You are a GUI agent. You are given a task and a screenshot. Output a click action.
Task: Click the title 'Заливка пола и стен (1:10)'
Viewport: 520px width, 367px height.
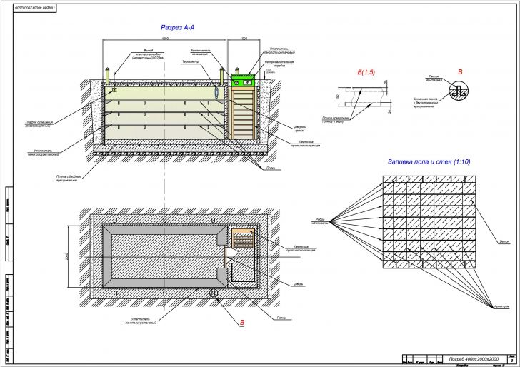pos(429,161)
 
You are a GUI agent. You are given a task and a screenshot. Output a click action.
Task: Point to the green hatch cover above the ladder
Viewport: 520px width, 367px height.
pos(243,74)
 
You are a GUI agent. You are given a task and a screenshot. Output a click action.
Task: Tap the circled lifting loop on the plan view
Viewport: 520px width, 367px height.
pos(212,293)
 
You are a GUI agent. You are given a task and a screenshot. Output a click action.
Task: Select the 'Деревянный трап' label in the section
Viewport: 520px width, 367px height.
pos(301,128)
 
